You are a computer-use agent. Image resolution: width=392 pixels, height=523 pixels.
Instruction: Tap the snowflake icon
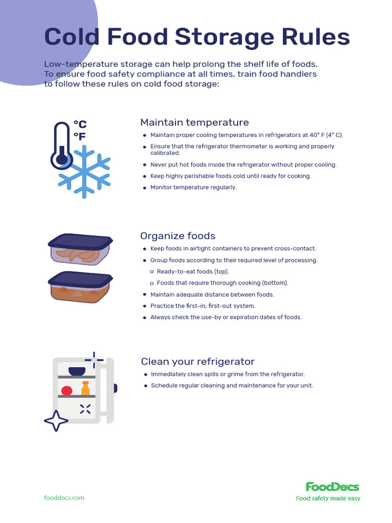click(x=84, y=171)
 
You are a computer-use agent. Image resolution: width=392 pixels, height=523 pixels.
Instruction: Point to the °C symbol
click(x=80, y=124)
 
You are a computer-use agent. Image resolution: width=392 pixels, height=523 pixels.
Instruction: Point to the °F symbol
click(x=80, y=136)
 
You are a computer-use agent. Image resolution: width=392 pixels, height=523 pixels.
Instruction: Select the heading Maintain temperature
click(x=194, y=123)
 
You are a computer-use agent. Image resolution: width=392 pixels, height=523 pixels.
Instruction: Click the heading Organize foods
click(x=178, y=236)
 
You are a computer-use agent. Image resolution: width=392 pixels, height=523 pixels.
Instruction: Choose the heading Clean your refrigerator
click(x=198, y=362)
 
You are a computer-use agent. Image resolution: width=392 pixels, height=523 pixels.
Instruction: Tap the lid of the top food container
click(x=80, y=241)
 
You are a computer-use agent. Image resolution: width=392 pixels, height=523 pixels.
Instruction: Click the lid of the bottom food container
click(x=80, y=279)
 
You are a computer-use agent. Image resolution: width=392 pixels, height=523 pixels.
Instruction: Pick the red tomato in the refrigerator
click(x=67, y=391)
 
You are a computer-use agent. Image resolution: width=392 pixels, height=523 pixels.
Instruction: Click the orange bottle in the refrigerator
click(x=85, y=389)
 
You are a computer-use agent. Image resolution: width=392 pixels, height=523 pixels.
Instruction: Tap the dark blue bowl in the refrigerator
click(x=77, y=371)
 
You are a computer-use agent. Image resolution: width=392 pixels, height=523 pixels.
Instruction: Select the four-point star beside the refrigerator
click(x=56, y=421)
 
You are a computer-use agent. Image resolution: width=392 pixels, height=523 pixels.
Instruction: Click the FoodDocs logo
click(x=332, y=487)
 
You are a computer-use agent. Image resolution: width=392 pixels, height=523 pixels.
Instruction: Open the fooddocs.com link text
click(x=64, y=497)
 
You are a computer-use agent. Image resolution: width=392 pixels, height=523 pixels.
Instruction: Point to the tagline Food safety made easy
click(x=328, y=498)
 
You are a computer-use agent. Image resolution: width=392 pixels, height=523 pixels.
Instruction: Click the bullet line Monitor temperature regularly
click(x=193, y=187)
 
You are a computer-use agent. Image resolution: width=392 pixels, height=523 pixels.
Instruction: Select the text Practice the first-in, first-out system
click(x=203, y=306)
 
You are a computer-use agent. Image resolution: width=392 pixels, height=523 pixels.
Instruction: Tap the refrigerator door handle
click(x=115, y=388)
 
